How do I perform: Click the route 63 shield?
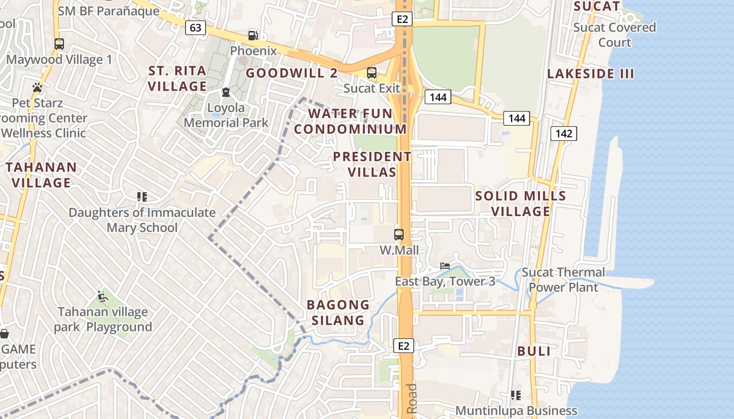click(x=195, y=28)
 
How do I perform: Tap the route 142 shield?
click(x=564, y=134)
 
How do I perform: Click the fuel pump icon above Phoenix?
click(x=253, y=35)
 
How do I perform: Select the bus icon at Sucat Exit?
click(x=372, y=73)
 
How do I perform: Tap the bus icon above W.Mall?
click(x=399, y=234)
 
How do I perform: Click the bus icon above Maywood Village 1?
click(x=59, y=44)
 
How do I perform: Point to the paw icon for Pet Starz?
click(x=37, y=87)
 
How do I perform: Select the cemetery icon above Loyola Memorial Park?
click(x=226, y=92)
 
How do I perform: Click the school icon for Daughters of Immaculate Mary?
click(x=142, y=197)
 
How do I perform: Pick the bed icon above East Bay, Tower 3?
click(x=445, y=266)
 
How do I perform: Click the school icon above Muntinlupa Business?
click(x=516, y=395)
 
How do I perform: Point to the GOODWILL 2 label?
click(x=292, y=73)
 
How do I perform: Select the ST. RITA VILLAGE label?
click(x=177, y=79)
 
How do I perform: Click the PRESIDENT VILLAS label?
click(x=372, y=164)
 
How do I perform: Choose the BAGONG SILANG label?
click(x=338, y=312)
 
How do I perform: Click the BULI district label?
click(x=534, y=351)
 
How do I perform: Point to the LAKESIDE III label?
click(x=591, y=74)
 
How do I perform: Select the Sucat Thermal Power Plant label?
click(x=564, y=280)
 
